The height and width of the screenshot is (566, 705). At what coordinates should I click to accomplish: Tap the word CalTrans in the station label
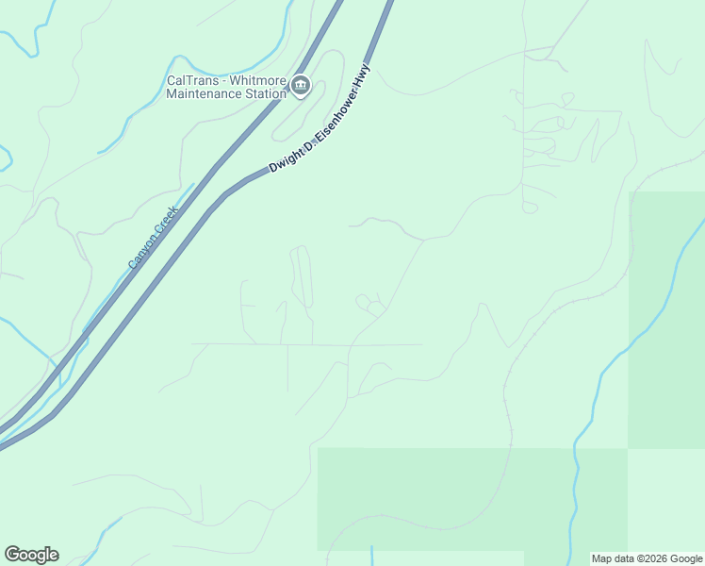[x=189, y=80]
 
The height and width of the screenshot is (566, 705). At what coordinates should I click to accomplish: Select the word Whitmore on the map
[x=253, y=80]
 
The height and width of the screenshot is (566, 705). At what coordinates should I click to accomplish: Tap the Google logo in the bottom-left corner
[x=32, y=555]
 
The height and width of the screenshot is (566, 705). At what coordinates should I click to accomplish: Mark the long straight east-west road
[x=311, y=344]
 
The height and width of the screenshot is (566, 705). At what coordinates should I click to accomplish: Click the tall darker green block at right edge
[x=666, y=321]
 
